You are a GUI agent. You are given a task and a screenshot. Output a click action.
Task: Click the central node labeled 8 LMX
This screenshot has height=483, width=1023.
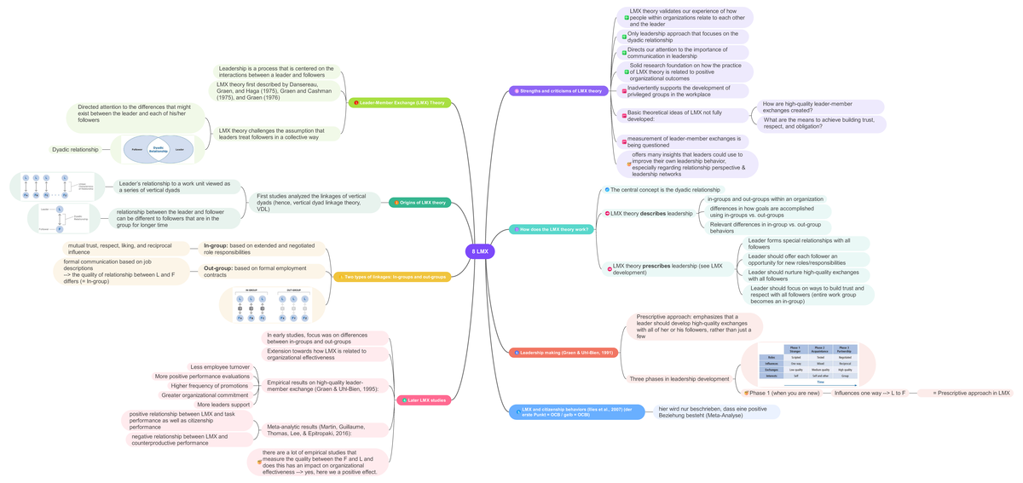click(x=480, y=251)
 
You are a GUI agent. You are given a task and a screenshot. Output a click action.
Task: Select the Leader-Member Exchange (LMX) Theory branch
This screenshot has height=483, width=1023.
click(x=400, y=103)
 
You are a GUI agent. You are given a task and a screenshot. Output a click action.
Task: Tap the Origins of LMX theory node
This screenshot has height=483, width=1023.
click(x=419, y=203)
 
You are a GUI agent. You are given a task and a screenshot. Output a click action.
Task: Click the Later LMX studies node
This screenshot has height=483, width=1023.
click(x=424, y=400)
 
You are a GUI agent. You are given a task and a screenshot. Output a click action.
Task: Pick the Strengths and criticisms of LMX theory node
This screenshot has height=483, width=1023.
click(x=557, y=90)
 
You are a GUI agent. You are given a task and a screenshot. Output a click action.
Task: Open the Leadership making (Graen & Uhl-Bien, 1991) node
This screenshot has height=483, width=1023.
click(x=563, y=353)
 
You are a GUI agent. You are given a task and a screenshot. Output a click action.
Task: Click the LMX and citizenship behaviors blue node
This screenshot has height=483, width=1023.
click(x=576, y=412)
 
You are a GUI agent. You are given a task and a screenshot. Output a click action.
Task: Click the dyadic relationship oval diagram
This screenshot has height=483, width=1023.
click(x=158, y=150)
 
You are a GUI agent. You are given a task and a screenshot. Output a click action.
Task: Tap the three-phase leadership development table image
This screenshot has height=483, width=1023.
click(x=807, y=365)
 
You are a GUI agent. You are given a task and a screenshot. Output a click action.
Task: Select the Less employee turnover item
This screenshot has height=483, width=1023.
click(x=220, y=367)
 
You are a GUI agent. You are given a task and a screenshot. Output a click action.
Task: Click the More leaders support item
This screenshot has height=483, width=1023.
click(x=223, y=405)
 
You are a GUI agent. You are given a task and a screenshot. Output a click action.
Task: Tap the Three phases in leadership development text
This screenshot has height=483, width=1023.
click(x=679, y=379)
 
